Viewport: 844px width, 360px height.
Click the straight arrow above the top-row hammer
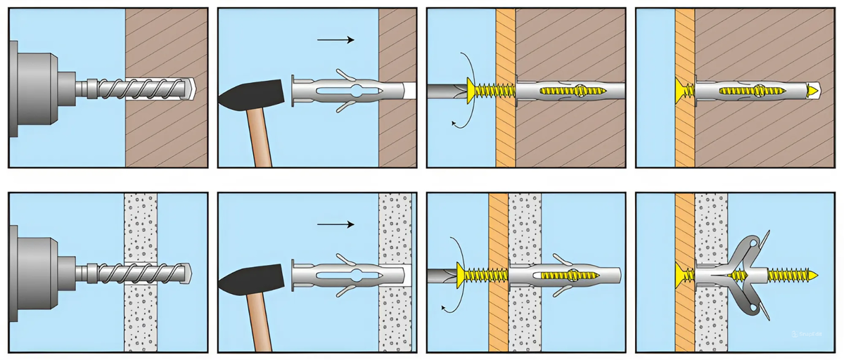335,40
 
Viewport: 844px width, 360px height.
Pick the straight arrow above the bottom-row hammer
335,225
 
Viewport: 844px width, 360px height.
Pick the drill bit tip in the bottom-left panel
188,273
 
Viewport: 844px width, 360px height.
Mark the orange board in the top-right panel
684,42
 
